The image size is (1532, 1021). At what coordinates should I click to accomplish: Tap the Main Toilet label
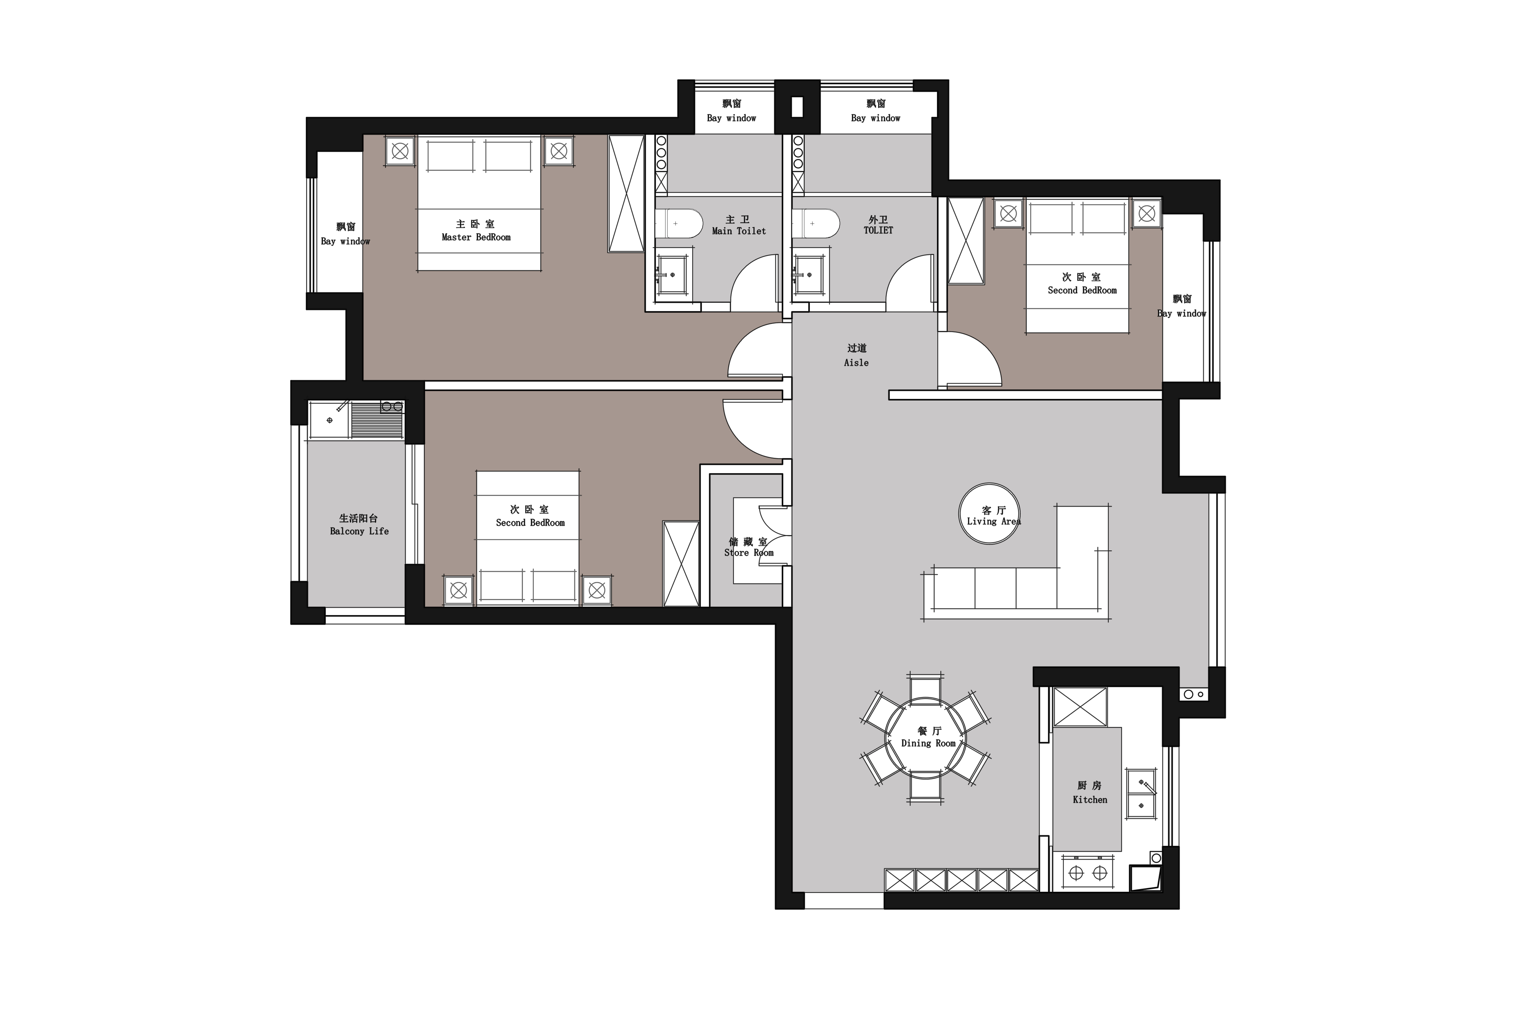739,231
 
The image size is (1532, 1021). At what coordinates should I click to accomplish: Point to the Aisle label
856,363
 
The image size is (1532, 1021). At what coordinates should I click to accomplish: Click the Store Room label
749,553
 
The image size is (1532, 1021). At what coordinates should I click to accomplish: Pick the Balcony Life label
359,531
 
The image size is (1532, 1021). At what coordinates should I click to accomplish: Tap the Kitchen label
1090,799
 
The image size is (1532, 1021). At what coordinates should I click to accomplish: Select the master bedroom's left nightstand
400,151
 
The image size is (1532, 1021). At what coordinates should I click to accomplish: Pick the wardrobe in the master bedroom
626,193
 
